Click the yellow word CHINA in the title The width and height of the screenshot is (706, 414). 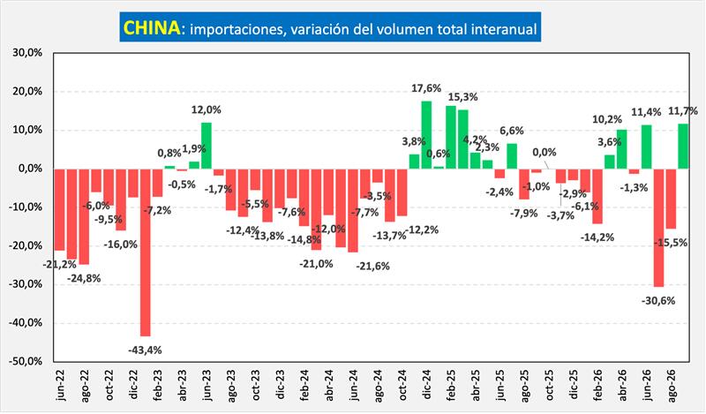pos(152,27)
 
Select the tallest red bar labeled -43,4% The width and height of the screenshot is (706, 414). pos(146,252)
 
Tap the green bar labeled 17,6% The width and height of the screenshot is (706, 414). pos(426,135)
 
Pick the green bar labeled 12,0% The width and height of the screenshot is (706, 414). pos(207,146)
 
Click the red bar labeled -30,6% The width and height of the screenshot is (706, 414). pos(658,228)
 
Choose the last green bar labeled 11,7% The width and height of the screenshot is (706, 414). pos(683,147)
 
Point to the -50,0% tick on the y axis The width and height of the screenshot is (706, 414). pos(26,361)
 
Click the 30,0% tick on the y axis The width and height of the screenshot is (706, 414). pos(27,53)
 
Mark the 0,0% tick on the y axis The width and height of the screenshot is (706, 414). pos(30,169)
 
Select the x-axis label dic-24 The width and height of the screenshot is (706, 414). pos(427,385)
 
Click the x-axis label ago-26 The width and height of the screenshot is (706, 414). pos(672,386)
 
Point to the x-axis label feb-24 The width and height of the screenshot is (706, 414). pos(305,385)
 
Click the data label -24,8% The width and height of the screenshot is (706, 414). pos(84,278)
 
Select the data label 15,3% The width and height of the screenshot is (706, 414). pos(462,97)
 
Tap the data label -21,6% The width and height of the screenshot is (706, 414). pos(372,267)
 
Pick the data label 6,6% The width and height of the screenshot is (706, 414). pos(512,131)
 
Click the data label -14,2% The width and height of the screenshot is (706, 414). pos(597,237)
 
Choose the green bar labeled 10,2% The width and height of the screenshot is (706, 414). pos(622,149)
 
